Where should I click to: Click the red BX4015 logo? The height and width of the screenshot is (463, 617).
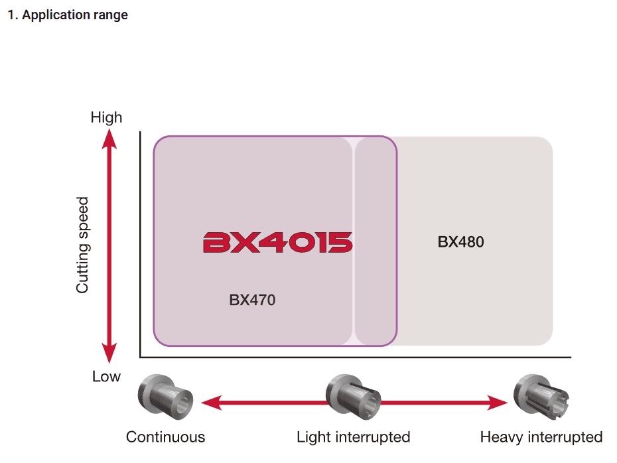pos(277,243)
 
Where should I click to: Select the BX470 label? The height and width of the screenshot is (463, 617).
pos(252,300)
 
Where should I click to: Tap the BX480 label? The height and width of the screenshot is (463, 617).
pos(460,241)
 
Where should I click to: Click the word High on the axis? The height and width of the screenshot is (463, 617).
pos(106,117)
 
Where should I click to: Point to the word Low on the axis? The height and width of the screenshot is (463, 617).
pos(106,377)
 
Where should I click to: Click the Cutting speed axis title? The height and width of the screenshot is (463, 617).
pos(82,245)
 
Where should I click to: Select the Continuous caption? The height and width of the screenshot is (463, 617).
pos(165,437)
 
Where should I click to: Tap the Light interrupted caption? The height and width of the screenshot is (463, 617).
pos(353,437)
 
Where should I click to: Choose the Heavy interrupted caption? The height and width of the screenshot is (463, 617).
pos(541,437)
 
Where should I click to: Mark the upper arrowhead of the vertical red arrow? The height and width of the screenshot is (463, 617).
pos(110,137)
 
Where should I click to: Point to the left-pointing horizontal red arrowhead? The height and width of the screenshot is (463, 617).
pos(210,401)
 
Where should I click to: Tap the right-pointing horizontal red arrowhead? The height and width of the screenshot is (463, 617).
pos(498,401)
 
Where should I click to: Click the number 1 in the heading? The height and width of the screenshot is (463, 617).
pos(11,15)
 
